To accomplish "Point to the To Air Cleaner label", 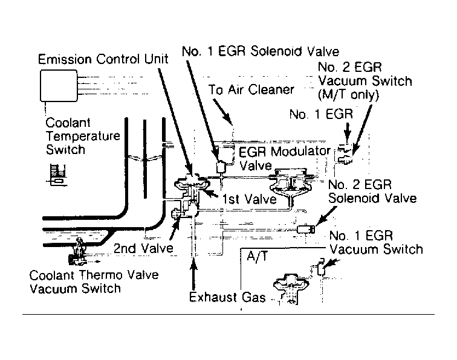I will pyautogui.click(x=251, y=90).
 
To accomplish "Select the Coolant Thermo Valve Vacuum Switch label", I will pyautogui.click(x=94, y=281).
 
